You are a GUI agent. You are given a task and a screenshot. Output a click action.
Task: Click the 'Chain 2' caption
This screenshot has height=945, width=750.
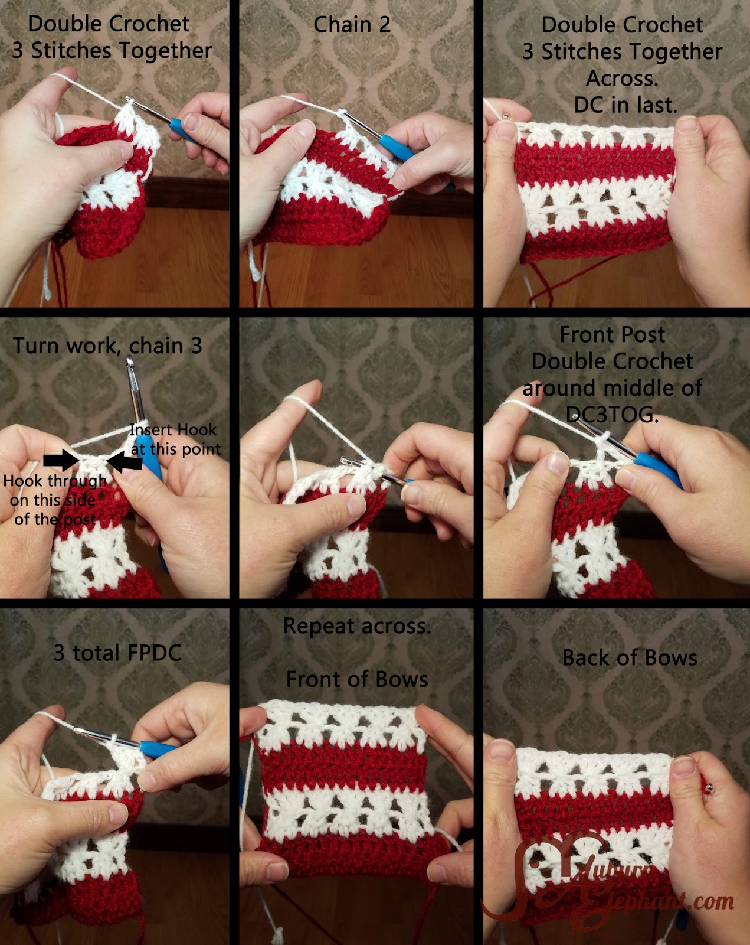352,24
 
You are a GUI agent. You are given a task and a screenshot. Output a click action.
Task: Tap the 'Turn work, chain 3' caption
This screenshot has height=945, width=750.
107,346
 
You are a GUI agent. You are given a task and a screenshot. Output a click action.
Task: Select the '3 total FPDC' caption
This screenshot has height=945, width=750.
117,653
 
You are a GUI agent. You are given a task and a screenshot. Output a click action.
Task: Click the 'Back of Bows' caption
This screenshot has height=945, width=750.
630,658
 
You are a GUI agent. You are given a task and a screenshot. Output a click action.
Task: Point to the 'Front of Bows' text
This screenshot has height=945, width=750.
357,679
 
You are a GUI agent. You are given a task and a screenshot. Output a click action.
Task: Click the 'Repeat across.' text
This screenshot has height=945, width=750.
357,626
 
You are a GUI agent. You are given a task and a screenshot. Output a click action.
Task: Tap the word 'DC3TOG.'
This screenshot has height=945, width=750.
612,414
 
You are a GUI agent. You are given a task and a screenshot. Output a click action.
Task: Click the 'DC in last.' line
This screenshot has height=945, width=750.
625,105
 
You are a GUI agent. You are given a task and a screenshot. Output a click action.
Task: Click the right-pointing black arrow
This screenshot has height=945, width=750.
61,460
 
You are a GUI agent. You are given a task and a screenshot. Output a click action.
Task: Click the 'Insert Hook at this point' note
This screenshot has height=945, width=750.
175,439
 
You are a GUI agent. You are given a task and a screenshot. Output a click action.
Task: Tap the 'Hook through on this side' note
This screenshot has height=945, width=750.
55,490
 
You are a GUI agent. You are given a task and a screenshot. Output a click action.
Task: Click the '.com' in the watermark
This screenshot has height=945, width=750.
712,902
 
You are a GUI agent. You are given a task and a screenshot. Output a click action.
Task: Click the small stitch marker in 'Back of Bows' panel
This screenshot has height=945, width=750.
708,788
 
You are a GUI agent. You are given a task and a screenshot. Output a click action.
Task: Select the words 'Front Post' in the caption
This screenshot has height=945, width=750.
612,335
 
